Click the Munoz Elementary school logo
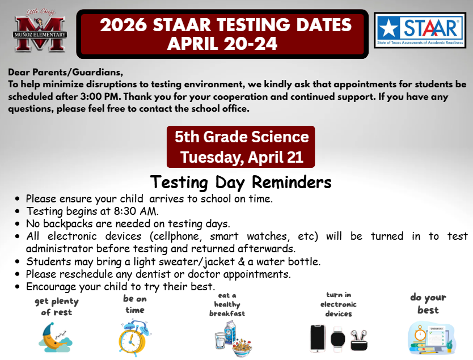(x=41, y=33)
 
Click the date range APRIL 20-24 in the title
(x=222, y=44)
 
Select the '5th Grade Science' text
(x=241, y=137)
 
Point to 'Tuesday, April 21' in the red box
(x=241, y=156)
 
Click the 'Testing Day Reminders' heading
(x=240, y=183)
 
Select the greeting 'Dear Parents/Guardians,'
(x=65, y=73)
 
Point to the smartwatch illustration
(x=338, y=338)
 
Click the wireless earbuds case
(x=358, y=340)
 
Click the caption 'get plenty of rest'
(x=56, y=307)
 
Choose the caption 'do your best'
(x=428, y=304)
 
